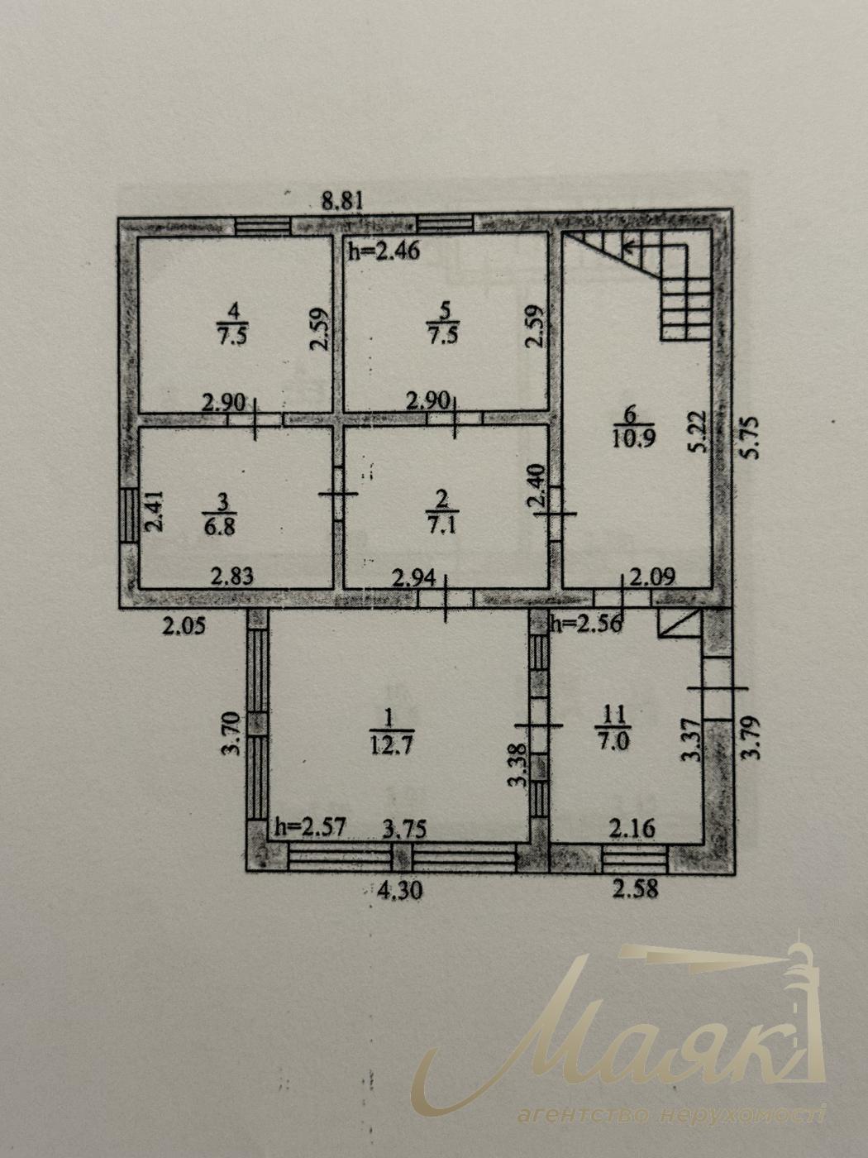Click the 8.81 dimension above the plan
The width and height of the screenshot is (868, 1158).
click(x=343, y=201)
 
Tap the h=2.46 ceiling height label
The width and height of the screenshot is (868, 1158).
click(x=384, y=250)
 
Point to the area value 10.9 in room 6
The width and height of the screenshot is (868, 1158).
click(x=633, y=438)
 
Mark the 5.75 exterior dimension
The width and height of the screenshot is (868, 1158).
click(x=751, y=438)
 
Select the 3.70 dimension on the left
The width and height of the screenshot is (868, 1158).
click(x=232, y=734)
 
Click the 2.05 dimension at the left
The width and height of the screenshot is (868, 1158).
click(x=183, y=627)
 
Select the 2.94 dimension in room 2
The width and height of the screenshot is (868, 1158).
click(x=415, y=579)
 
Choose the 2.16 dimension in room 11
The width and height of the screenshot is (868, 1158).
click(x=634, y=830)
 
